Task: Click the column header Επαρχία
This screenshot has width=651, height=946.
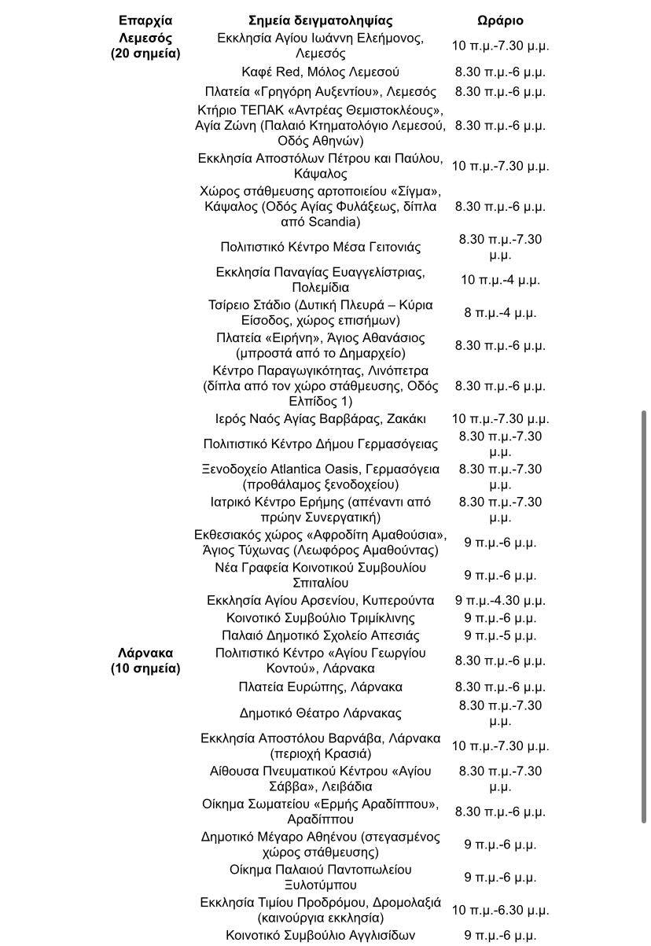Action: coord(145,20)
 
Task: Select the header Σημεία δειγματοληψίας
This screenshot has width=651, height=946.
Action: coord(320,20)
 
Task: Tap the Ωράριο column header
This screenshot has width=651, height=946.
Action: coord(500,20)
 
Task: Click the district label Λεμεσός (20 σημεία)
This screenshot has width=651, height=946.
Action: coord(145,46)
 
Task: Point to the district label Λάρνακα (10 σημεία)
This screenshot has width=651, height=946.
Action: coord(145,661)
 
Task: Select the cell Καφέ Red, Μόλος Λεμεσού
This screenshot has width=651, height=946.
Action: coord(320,72)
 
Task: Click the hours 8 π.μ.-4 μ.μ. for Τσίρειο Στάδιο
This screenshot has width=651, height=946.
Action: coord(500,312)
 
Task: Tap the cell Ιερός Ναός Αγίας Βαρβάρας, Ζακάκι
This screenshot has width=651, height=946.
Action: coord(320,418)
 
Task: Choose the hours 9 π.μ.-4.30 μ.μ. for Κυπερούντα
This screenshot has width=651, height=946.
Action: coord(500,600)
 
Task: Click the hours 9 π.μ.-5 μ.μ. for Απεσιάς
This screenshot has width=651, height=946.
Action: coord(500,635)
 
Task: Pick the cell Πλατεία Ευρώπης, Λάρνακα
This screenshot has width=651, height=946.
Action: coord(320,686)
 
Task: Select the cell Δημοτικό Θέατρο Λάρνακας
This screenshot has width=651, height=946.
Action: coord(320,713)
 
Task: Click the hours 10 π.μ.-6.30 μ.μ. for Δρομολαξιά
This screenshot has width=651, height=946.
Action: coord(500,910)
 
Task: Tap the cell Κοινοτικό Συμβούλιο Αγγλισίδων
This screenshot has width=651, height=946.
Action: coord(320,935)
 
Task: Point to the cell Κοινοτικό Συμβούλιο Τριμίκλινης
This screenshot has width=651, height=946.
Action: coord(320,618)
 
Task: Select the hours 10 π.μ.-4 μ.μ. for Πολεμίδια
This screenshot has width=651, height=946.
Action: coord(500,279)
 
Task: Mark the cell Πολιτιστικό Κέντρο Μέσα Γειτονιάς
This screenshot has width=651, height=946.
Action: coord(320,247)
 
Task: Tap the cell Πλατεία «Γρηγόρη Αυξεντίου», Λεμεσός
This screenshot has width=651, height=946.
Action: coord(320,91)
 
